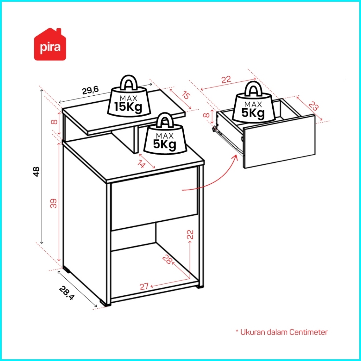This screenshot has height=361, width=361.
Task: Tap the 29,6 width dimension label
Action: coord(91,91)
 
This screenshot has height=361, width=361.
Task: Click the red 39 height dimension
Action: coord(54,204)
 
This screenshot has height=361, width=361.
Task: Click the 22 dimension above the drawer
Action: coord(226,80)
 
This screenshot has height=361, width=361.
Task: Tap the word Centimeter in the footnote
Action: coord(308,332)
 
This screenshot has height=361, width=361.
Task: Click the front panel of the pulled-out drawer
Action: coord(279,141)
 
